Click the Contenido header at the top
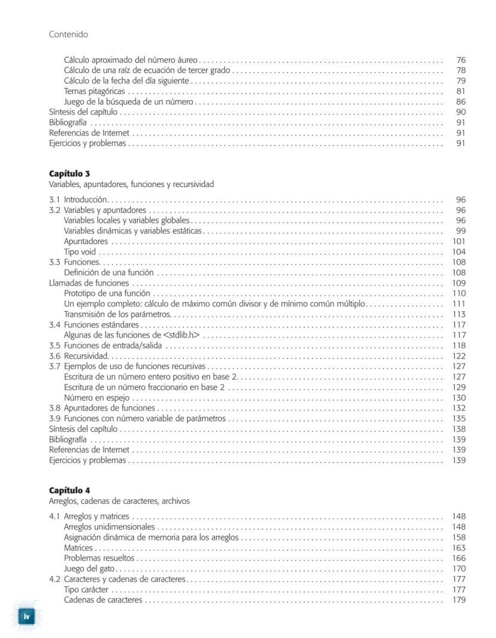click(68, 34)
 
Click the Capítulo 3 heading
click(69, 174)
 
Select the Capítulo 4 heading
click(69, 490)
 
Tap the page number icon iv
click(26, 616)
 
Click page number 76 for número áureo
click(461, 60)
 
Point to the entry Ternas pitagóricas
click(95, 91)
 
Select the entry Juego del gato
click(89, 568)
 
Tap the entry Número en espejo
click(96, 398)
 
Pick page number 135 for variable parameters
click(459, 419)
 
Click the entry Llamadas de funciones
click(89, 283)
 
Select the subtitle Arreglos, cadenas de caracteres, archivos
click(119, 501)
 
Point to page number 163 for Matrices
click(459, 547)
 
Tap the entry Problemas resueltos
click(99, 558)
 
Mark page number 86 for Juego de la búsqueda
click(461, 102)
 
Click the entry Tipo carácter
click(86, 589)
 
